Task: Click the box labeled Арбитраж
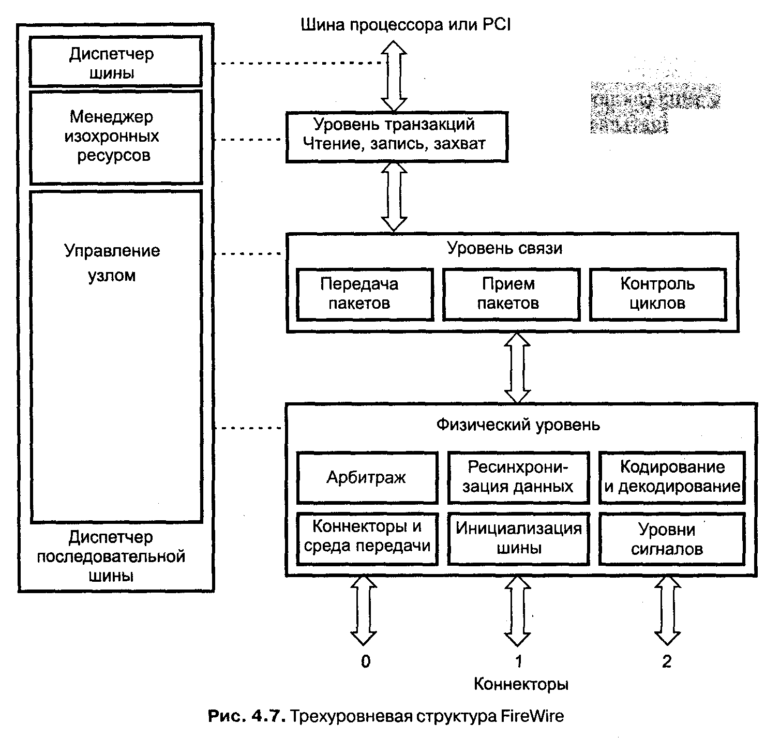(x=367, y=477)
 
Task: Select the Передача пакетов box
(x=364, y=293)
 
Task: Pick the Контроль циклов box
(x=657, y=293)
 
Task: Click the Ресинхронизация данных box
(x=518, y=477)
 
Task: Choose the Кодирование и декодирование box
(x=672, y=477)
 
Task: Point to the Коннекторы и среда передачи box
(x=367, y=538)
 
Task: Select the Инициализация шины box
(x=518, y=538)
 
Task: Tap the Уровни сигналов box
(x=672, y=538)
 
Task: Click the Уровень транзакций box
(x=397, y=135)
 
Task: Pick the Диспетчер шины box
(x=115, y=62)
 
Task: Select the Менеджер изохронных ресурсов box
(x=115, y=137)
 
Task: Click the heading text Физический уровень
(x=518, y=425)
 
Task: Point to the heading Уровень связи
(x=504, y=249)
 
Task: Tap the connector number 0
(x=366, y=661)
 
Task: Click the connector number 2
(x=667, y=661)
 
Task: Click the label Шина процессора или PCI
(x=406, y=25)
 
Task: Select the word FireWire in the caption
(x=532, y=717)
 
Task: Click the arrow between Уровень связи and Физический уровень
(x=518, y=368)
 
